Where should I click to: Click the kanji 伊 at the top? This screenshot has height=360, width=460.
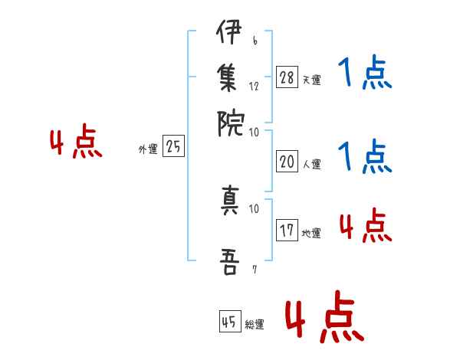coord(230,34)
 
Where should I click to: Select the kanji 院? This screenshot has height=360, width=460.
coord(230,122)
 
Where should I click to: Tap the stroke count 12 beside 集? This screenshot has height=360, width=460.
coord(254,86)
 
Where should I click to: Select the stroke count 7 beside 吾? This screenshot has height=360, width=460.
coord(255,269)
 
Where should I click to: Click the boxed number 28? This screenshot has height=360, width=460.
coord(287,77)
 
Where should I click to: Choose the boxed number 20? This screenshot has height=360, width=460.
coord(287,162)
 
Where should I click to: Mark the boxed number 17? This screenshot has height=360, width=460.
coord(287,231)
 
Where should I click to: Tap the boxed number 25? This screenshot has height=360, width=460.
coord(173,146)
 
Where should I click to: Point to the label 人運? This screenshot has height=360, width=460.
coord(311,164)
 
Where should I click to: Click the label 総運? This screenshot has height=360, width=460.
coord(255,325)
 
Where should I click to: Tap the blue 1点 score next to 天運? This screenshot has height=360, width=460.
coord(365,74)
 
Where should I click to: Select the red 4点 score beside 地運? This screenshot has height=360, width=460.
coord(365,226)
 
